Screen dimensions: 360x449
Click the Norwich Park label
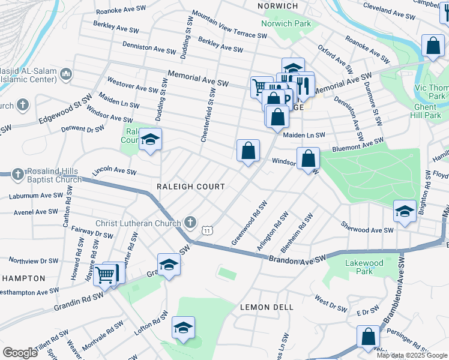(286, 23)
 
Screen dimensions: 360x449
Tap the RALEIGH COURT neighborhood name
(190, 187)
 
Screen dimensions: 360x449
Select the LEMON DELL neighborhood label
(267, 307)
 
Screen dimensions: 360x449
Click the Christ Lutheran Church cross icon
(190, 223)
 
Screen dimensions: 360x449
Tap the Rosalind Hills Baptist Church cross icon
(18, 173)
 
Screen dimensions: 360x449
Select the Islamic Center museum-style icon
(65, 74)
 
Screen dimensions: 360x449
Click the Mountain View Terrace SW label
(229, 25)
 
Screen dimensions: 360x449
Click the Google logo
(19, 352)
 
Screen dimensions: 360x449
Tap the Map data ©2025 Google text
(412, 355)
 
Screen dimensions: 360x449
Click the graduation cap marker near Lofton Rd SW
(183, 328)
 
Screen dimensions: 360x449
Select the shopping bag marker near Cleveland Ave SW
(432, 46)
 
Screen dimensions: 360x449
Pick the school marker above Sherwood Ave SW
(405, 211)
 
